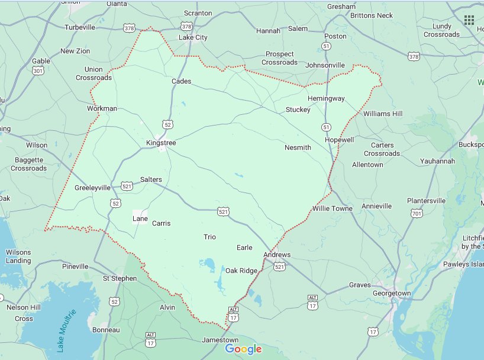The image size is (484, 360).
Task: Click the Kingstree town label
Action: tap(161, 143)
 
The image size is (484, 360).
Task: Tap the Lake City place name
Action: tap(193, 37)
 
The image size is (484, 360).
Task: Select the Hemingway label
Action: tap(325, 98)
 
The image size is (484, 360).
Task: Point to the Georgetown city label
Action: tap(391, 293)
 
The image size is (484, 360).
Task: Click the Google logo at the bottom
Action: tap(243, 349)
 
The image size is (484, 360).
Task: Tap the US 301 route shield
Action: tap(38, 72)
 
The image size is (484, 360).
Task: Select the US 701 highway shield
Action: tap(417, 213)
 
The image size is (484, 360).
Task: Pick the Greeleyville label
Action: tap(92, 188)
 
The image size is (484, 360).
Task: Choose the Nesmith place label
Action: tap(297, 147)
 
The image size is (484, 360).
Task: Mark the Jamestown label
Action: tap(220, 340)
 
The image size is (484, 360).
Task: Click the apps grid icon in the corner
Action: tap(469, 20)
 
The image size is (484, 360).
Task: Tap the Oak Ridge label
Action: tap(241, 271)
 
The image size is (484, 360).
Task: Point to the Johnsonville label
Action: tap(324, 65)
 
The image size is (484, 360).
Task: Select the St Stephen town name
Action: tap(120, 278)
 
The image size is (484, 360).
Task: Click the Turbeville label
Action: tap(80, 27)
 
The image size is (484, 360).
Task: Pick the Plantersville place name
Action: tap(426, 201)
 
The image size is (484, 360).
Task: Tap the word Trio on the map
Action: tap(209, 237)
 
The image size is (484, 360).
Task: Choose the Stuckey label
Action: tap(298, 110)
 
